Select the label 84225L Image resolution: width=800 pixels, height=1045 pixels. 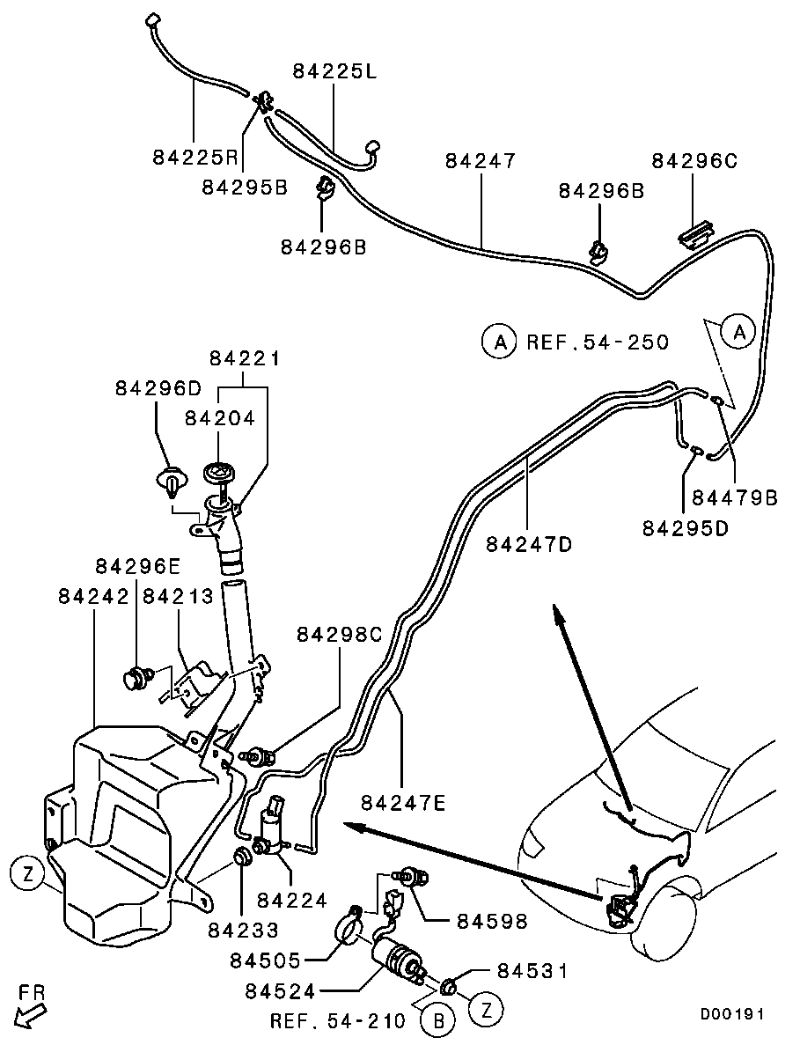coord(334,72)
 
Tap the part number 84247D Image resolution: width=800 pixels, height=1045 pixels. coord(529,544)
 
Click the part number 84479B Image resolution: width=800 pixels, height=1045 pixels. coord(735,498)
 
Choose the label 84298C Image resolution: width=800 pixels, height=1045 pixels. coord(340,635)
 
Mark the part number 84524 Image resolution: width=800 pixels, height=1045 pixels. coord(282,990)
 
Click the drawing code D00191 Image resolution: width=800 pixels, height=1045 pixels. coord(732,1014)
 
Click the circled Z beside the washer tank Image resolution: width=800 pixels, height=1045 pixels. coord(28,874)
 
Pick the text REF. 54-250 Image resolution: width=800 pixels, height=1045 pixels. coord(598,342)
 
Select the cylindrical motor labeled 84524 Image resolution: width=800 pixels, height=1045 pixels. coord(396,958)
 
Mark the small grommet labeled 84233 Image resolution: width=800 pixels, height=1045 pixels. coord(240,857)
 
